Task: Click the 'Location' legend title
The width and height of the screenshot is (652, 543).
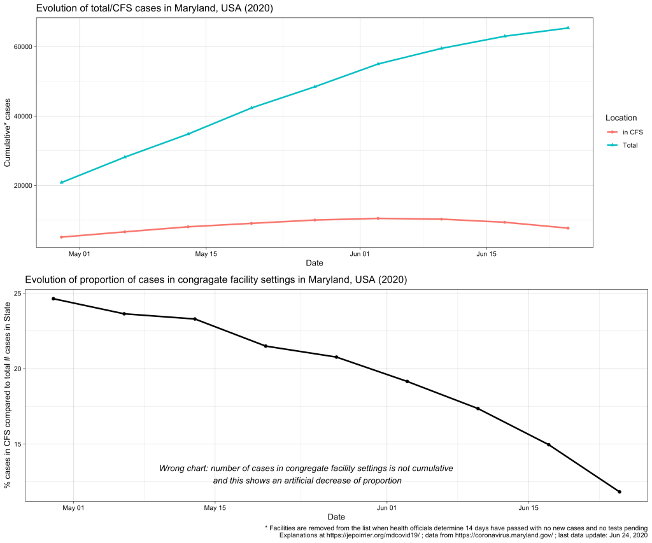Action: click(621, 118)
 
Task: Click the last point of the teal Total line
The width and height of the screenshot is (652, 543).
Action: click(567, 28)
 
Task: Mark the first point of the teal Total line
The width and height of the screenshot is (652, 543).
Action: click(61, 183)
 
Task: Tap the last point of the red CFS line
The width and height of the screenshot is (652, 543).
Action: click(567, 228)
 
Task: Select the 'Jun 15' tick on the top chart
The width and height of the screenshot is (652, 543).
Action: click(486, 254)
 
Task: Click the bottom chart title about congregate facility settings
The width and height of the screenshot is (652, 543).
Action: click(216, 280)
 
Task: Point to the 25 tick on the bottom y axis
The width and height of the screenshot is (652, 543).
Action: click(17, 293)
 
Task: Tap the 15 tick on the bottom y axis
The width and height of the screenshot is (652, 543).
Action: click(17, 444)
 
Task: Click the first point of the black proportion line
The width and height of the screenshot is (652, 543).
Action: click(53, 299)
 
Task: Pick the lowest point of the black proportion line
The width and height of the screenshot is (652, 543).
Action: click(619, 491)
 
